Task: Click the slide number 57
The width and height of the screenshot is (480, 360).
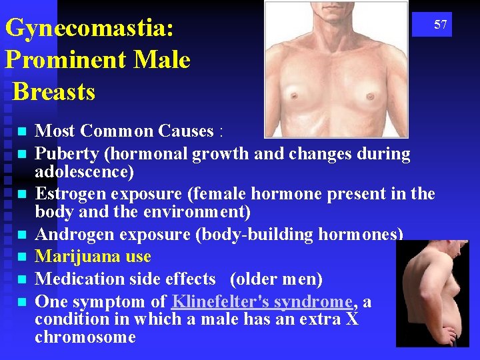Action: [441, 25]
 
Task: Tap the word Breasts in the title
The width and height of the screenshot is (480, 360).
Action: [54, 91]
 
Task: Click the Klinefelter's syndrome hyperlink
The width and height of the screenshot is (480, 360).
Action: [262, 301]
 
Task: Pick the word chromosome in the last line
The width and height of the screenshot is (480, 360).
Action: [85, 337]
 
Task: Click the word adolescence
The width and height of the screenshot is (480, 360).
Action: [84, 172]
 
